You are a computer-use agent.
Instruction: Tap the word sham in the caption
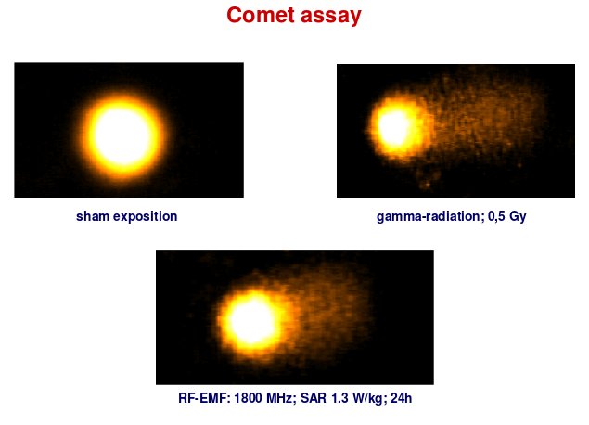point(93,216)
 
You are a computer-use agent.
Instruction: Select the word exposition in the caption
point(146,217)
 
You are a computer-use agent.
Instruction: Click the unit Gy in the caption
point(518,217)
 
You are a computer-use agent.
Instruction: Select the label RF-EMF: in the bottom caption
point(204,398)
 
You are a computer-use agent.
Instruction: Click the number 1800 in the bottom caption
point(249,398)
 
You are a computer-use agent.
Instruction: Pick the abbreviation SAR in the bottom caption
point(314,398)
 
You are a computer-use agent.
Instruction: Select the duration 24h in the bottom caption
point(402,398)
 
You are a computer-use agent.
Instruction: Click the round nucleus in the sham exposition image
point(123,136)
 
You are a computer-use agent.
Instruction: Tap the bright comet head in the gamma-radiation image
point(395,128)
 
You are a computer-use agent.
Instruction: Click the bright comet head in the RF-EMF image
point(252,322)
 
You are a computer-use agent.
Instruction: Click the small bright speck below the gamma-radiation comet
point(427,184)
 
